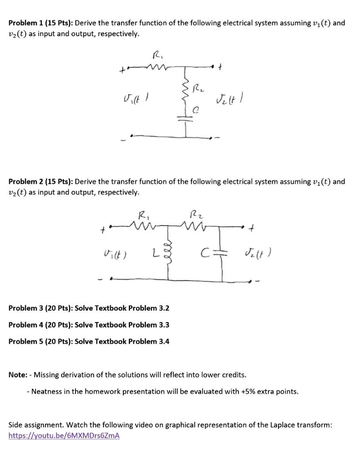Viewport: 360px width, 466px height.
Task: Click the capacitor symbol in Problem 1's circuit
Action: pyautogui.click(x=186, y=120)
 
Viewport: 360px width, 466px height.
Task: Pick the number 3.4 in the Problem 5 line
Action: pyautogui.click(x=163, y=341)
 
